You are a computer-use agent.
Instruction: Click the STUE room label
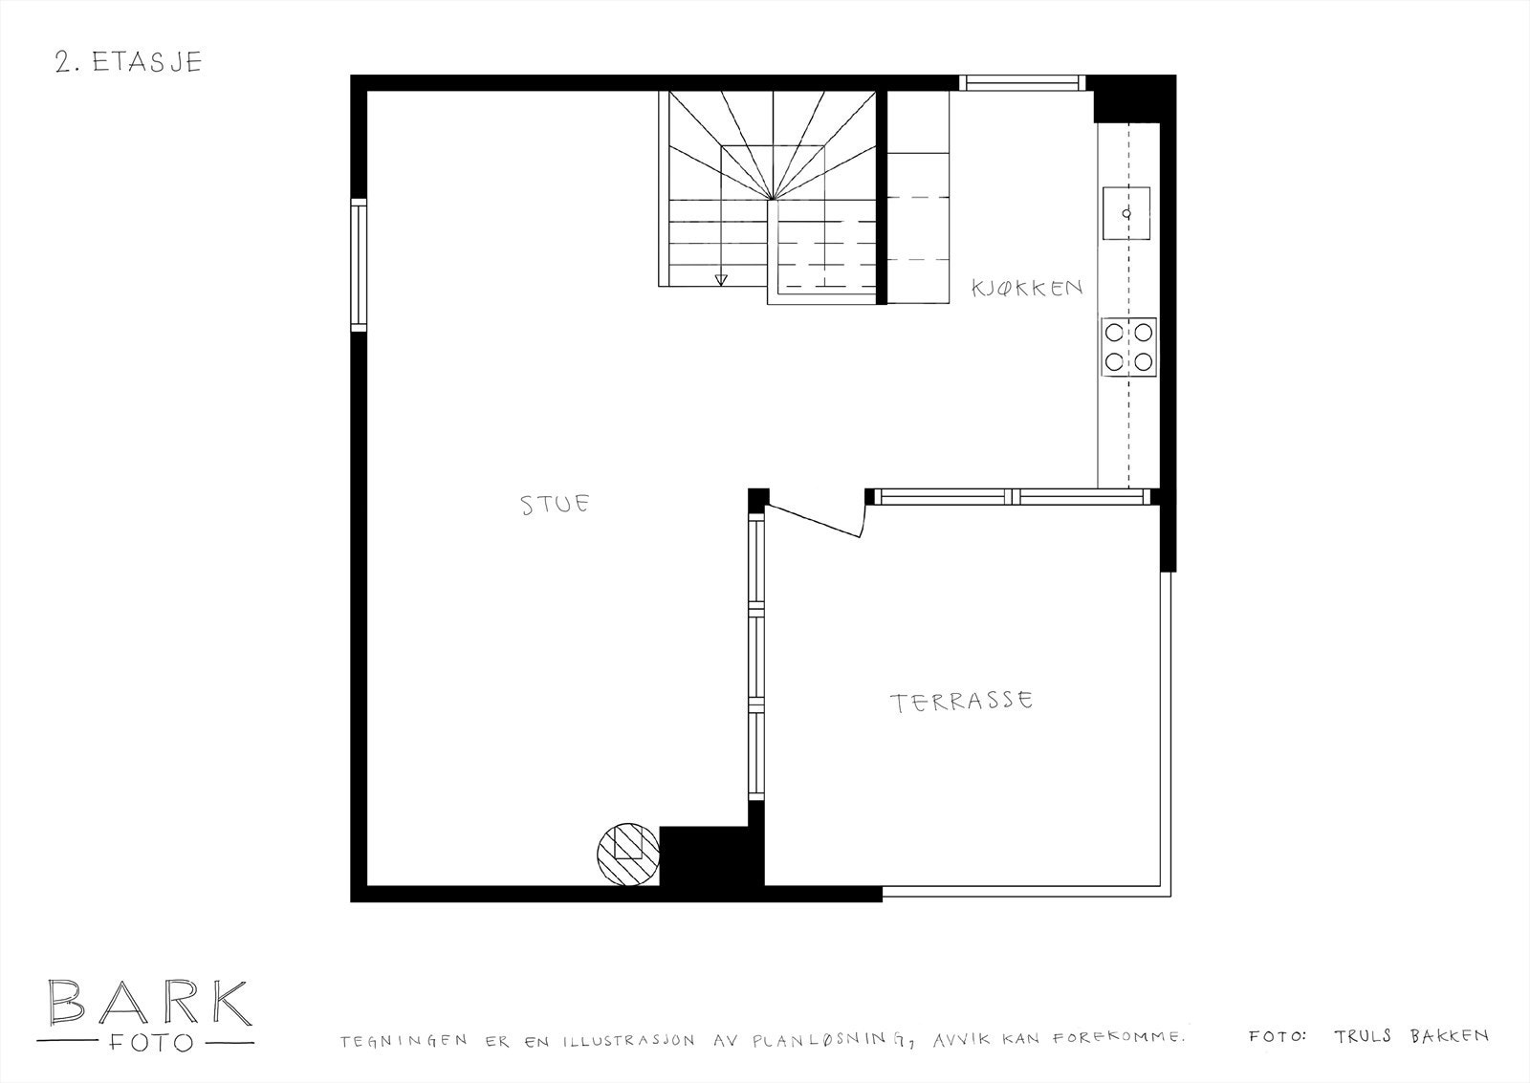[555, 504]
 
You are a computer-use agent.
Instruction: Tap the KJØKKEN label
[1027, 287]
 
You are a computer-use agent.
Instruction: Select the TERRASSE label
[962, 703]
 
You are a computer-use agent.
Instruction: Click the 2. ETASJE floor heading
[128, 62]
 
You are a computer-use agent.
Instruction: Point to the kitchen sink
[1126, 213]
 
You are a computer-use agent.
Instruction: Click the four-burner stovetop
[1129, 345]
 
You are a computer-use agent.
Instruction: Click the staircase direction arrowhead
[721, 279]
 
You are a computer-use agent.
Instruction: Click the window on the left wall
[359, 265]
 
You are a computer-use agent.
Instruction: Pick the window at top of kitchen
[1022, 82]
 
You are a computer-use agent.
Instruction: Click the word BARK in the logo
[149, 1003]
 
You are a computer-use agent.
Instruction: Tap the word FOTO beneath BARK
[149, 1042]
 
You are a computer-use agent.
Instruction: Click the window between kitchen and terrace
[1011, 496]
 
